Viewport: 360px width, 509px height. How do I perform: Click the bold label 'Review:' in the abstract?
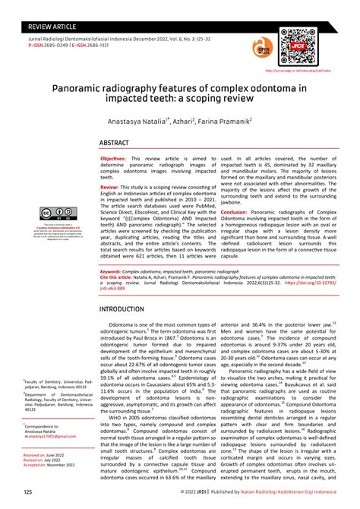(x=110, y=186)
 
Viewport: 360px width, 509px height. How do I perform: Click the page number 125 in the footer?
(x=28, y=492)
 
